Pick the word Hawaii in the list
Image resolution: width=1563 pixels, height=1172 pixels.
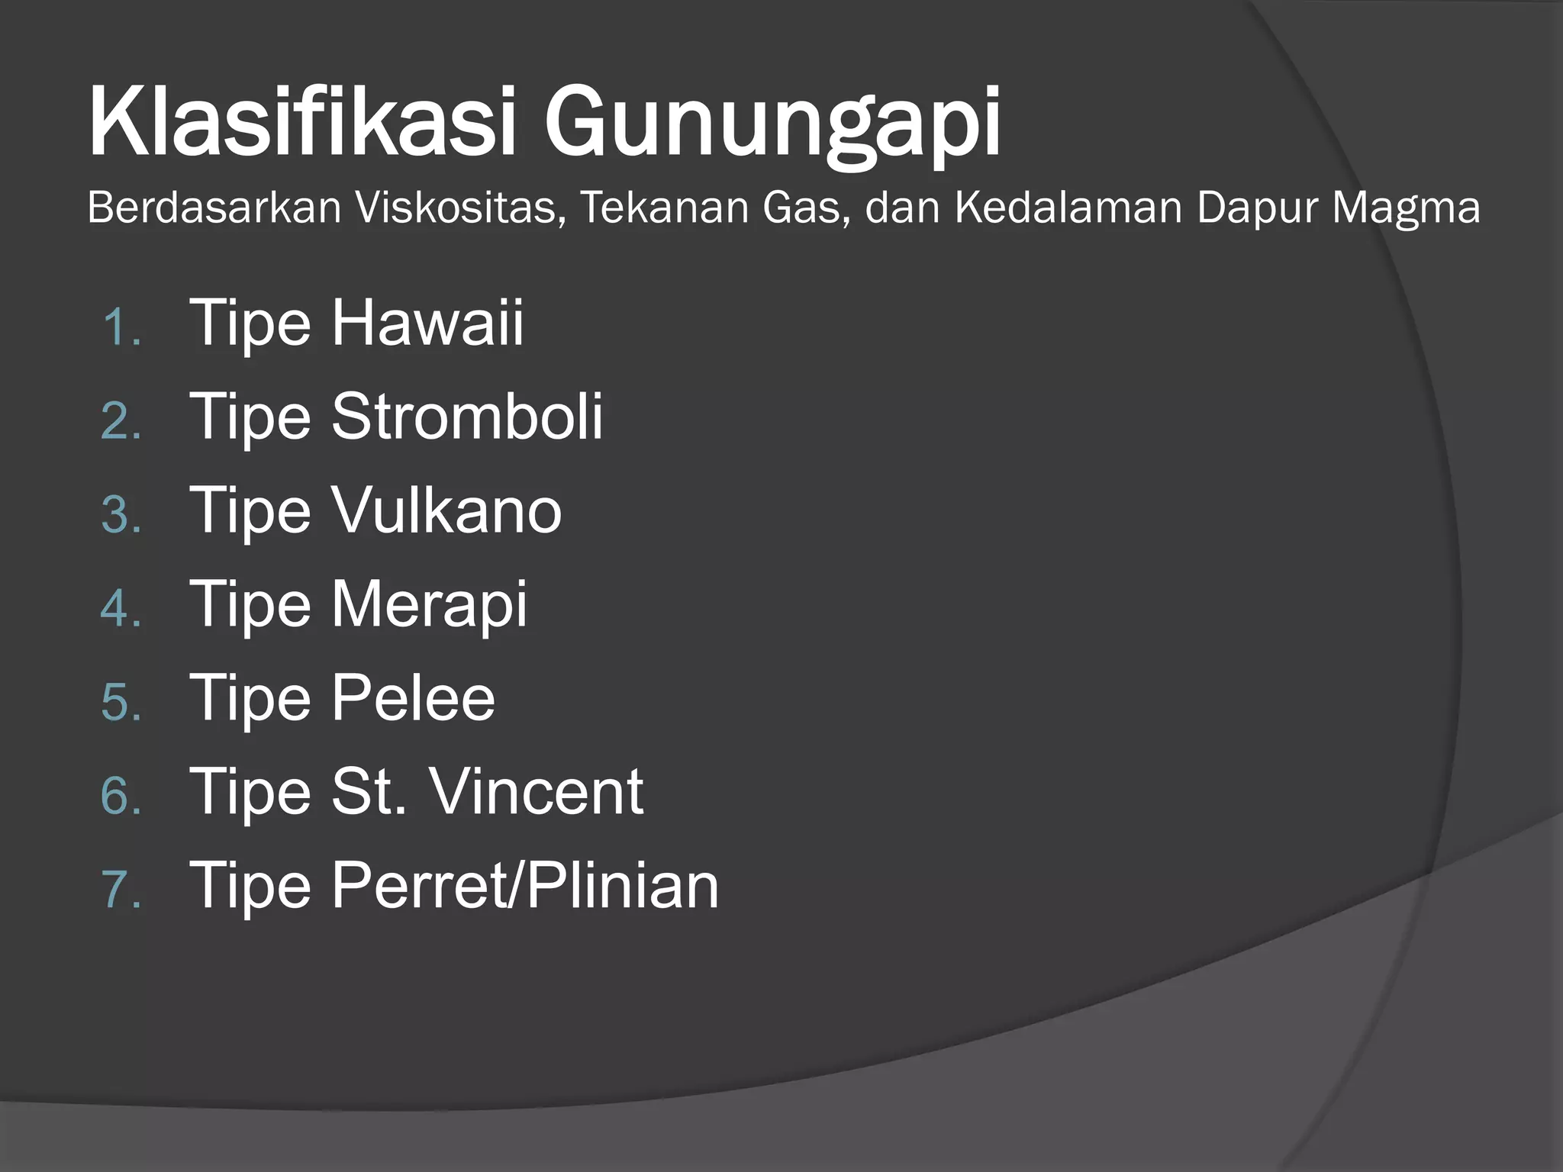coord(427,323)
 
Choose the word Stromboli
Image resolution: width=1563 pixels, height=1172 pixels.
coord(466,417)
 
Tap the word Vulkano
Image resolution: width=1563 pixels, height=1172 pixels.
coord(446,510)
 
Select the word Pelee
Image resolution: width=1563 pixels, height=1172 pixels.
coord(413,698)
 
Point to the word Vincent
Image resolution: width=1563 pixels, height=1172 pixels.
coord(537,792)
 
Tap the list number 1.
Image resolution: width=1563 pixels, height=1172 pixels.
coord(120,328)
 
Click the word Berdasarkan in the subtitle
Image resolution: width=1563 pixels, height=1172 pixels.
coord(214,208)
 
